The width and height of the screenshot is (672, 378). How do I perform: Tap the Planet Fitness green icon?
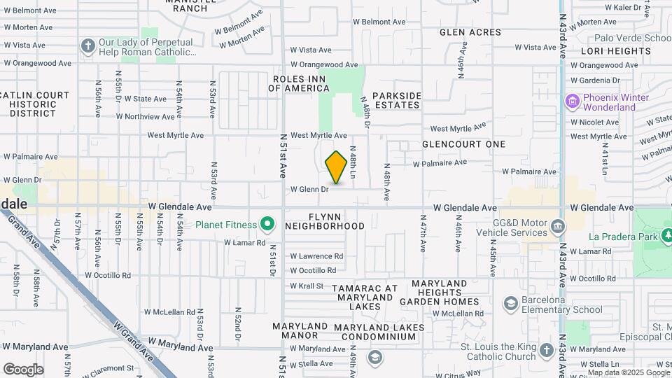point(267,225)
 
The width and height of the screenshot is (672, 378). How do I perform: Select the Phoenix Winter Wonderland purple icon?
point(573,102)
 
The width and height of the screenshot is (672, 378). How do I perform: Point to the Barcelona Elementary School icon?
point(510,302)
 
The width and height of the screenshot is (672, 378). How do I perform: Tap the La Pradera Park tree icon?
point(667,237)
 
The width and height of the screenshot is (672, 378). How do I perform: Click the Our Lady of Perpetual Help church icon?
point(87,47)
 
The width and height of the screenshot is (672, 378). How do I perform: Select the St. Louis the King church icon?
point(547,349)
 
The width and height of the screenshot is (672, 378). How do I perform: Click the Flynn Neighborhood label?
point(325,221)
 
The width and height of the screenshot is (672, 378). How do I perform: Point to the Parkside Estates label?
point(396,100)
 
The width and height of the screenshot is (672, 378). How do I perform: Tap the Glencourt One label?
point(463,144)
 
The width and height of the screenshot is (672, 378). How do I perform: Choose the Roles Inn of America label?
point(300,83)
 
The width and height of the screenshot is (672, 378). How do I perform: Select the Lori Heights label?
point(616,51)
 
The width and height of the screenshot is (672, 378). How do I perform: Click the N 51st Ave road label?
point(284,155)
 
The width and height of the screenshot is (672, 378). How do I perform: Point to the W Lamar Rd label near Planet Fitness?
point(244,243)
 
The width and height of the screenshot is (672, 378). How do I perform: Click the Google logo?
point(23,370)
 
